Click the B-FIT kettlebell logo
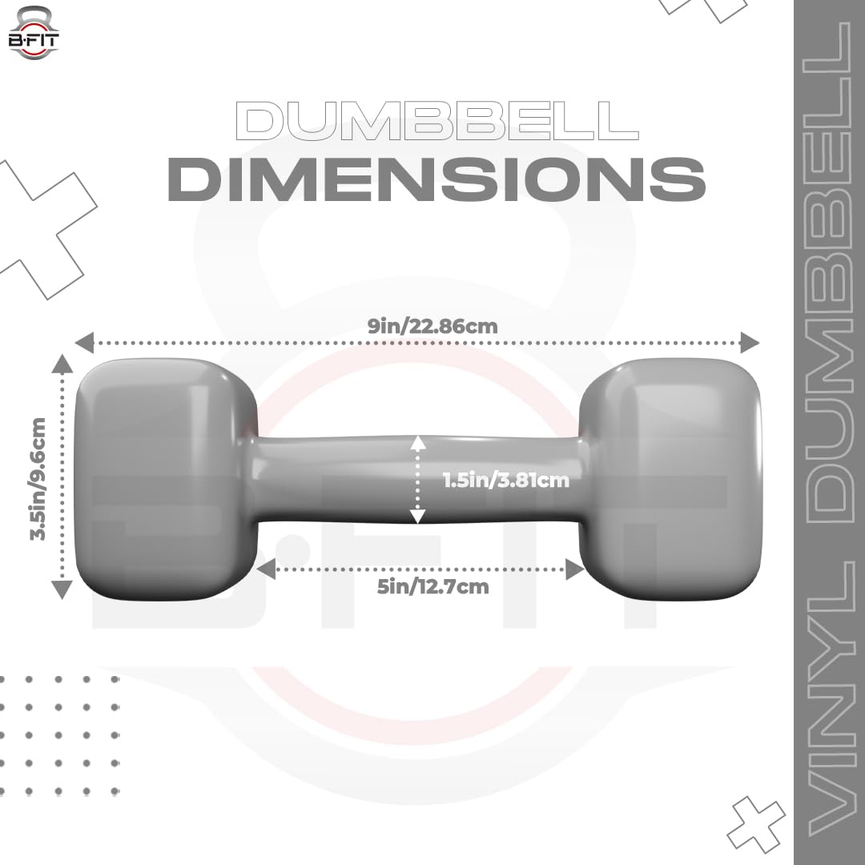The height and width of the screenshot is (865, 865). [x=34, y=32]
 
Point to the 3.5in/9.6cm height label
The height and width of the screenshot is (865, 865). [x=38, y=478]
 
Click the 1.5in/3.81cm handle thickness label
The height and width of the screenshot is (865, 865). [x=506, y=481]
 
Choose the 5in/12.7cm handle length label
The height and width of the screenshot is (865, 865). [x=432, y=587]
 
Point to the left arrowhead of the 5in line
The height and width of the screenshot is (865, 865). [x=265, y=569]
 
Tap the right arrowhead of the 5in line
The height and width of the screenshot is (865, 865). [x=574, y=569]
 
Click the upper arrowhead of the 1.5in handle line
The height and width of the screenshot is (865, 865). [x=416, y=443]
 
